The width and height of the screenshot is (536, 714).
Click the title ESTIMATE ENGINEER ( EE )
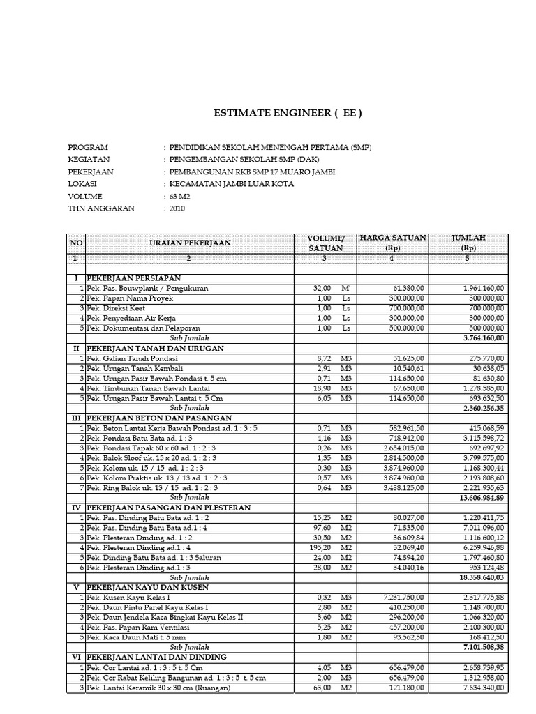(287, 114)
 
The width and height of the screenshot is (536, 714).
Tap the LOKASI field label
(83, 184)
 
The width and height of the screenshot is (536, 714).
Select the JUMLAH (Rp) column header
(468, 243)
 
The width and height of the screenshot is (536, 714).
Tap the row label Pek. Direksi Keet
(119, 307)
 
